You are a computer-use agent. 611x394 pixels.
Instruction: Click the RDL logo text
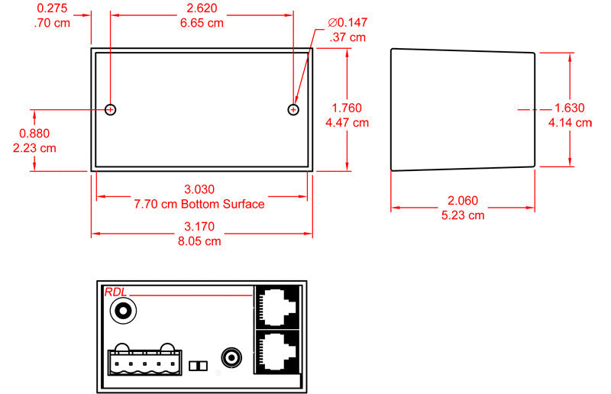tap(115, 292)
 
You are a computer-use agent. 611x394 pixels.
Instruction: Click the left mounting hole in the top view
tap(111, 110)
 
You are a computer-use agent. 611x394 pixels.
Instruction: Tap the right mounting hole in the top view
tap(293, 110)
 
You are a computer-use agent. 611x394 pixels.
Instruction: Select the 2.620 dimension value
tap(202, 8)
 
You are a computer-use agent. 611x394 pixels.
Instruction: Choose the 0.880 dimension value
tap(34, 134)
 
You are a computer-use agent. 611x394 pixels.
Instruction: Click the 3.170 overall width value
tap(200, 226)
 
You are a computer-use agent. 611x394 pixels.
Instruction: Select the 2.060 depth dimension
tap(462, 201)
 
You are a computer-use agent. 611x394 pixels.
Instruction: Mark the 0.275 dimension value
tap(52, 8)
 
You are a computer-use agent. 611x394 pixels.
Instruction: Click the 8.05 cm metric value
tap(200, 241)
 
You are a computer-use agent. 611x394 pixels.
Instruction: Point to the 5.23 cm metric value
tap(463, 215)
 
